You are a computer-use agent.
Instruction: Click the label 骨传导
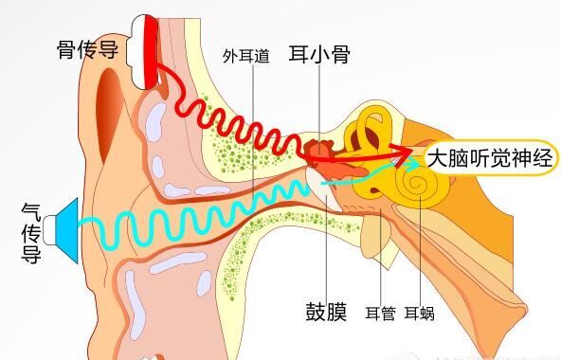click(x=87, y=48)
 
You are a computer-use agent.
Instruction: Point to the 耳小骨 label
click(x=318, y=54)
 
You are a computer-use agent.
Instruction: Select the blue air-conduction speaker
click(x=68, y=224)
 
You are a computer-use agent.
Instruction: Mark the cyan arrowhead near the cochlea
click(x=392, y=165)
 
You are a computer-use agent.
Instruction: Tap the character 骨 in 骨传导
click(x=66, y=48)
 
